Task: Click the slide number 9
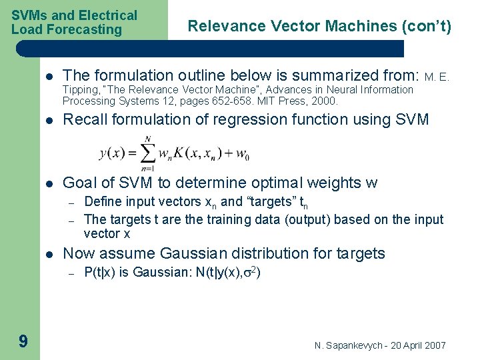tap(23, 342)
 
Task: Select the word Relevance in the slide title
tap(217, 26)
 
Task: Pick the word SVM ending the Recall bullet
tap(413, 119)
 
